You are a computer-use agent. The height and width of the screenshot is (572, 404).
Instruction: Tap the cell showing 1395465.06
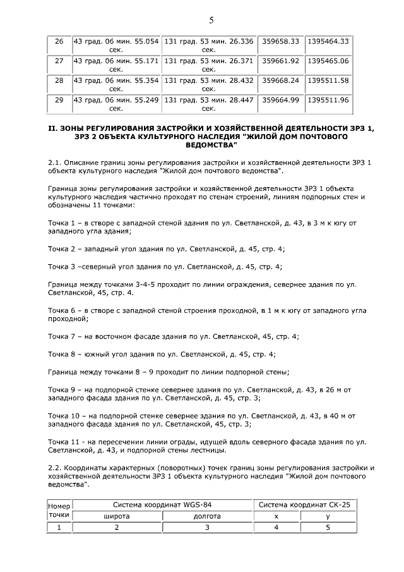pyautogui.click(x=328, y=61)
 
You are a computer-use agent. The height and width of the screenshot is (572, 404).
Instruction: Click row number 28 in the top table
pyautogui.click(x=59, y=81)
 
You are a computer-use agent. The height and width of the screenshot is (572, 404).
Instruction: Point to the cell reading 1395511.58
pyautogui.click(x=328, y=81)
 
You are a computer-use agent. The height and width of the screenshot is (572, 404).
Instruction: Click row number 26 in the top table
pyautogui.click(x=59, y=42)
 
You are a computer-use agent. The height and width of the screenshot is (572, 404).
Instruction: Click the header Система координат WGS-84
pyautogui.click(x=163, y=505)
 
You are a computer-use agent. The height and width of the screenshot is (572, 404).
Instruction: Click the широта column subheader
pyautogui.click(x=117, y=516)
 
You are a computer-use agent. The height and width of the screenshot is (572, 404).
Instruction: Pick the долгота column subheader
pyautogui.click(x=207, y=516)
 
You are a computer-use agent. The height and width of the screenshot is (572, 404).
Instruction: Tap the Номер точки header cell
pyautogui.click(x=59, y=510)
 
